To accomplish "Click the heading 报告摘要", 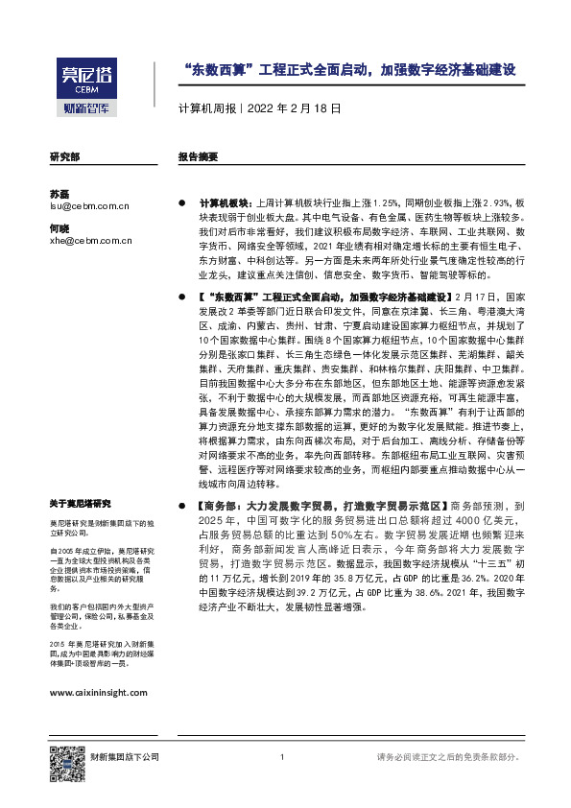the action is [x=199, y=156].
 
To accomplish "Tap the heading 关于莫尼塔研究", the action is [x=80, y=503].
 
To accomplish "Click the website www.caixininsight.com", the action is [x=98, y=692].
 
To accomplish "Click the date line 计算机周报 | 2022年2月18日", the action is [x=259, y=108].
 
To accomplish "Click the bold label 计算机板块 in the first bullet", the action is [x=222, y=204].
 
